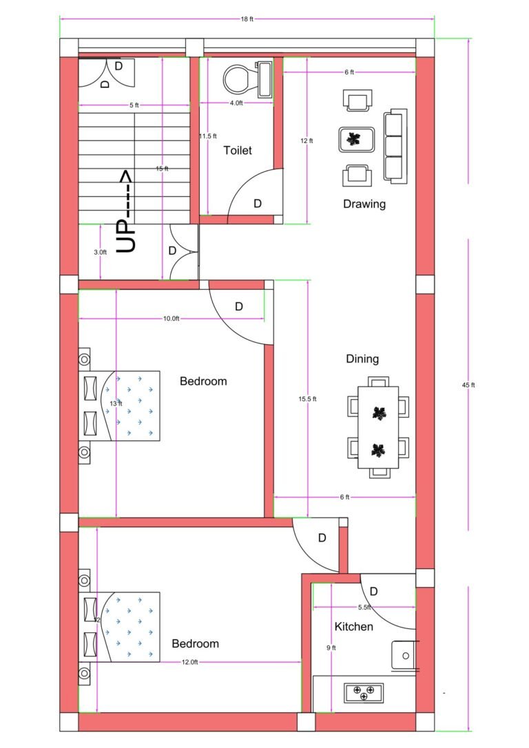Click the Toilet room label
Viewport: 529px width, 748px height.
point(238,150)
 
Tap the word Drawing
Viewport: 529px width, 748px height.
point(364,204)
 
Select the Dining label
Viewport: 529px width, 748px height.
point(362,359)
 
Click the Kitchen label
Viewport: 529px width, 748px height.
point(354,626)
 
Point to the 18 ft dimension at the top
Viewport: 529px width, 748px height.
point(247,19)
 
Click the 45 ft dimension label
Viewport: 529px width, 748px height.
point(468,385)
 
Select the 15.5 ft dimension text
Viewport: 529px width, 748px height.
point(307,399)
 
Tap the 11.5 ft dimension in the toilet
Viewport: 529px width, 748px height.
point(208,136)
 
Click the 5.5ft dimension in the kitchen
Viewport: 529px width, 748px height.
point(364,608)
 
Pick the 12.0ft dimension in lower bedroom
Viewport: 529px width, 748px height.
point(190,662)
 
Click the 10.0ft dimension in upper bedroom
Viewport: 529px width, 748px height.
point(172,319)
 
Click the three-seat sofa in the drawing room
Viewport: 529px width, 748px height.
point(394,146)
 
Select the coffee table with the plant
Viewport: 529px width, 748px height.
point(355,140)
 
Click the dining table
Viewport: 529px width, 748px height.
point(378,427)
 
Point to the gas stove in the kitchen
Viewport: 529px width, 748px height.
point(364,692)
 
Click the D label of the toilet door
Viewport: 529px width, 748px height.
point(258,204)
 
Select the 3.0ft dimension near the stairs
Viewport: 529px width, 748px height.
point(101,253)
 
